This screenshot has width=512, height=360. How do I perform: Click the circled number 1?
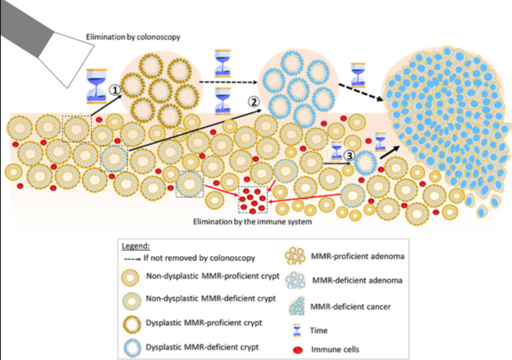tap(115, 90)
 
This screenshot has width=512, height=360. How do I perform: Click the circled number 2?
tap(253, 102)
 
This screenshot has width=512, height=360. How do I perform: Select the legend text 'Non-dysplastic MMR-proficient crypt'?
tap(212, 276)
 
